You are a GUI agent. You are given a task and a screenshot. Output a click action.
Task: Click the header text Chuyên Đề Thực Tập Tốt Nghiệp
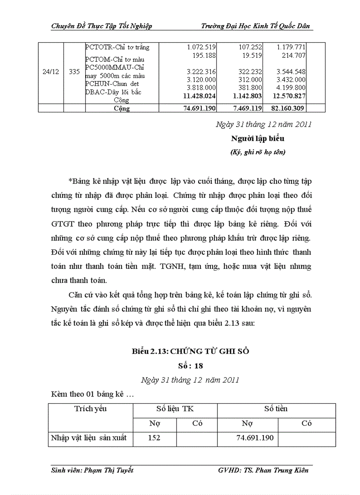(x=101, y=26)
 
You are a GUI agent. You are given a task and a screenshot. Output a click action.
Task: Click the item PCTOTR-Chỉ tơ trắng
(x=117, y=47)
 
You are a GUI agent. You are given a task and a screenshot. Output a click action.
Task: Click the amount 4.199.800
(x=291, y=87)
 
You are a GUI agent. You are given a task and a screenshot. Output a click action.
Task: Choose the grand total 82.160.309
(x=289, y=108)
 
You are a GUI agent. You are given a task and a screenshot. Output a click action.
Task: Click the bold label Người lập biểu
(x=258, y=138)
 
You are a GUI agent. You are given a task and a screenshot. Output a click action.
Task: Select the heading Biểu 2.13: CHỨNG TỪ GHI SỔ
(x=190, y=351)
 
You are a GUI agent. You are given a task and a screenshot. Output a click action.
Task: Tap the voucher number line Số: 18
(x=190, y=365)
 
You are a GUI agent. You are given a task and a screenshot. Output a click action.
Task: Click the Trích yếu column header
(x=90, y=409)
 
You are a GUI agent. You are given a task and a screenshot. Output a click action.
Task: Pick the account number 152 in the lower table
(x=154, y=438)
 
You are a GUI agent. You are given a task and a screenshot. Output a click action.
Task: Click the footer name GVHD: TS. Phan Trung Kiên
(x=263, y=470)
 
